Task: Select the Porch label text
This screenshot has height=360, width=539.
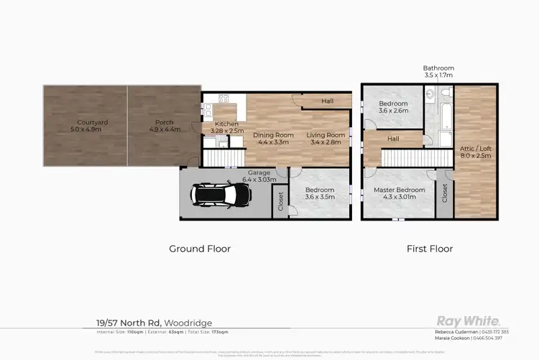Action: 164,126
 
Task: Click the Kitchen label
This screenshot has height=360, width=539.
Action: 226,127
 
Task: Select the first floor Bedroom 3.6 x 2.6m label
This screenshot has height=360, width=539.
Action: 393,108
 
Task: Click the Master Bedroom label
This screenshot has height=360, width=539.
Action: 399,194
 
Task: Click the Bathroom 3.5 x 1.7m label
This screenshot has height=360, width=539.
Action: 438,71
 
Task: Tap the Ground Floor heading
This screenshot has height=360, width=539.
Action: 200,249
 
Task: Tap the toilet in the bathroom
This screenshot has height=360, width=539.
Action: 445,93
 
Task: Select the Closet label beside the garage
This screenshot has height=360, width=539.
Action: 280,203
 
